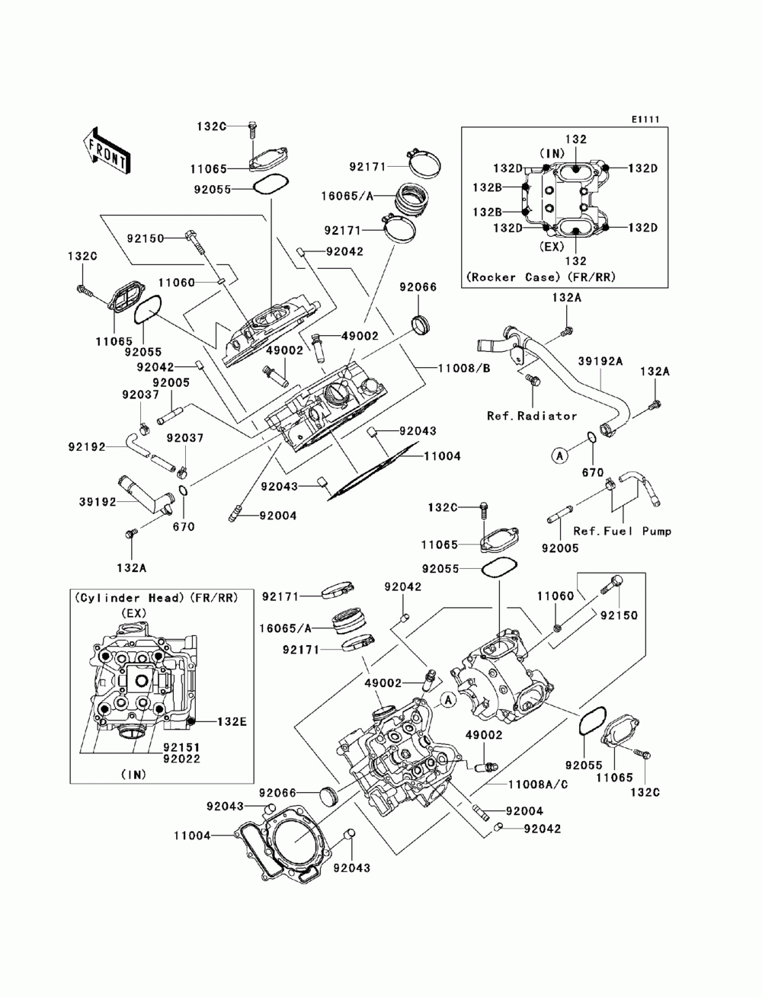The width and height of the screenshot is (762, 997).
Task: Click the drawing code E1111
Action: click(x=644, y=120)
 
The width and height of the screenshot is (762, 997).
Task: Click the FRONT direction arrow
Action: click(x=106, y=149)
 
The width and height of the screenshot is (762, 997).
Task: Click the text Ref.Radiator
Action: click(x=532, y=416)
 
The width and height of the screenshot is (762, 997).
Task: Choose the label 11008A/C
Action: click(x=525, y=784)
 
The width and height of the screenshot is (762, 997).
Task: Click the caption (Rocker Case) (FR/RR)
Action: click(x=539, y=277)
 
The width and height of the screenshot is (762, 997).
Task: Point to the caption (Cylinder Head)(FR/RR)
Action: click(x=155, y=599)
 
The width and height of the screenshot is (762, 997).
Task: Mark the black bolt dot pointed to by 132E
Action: click(x=192, y=721)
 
